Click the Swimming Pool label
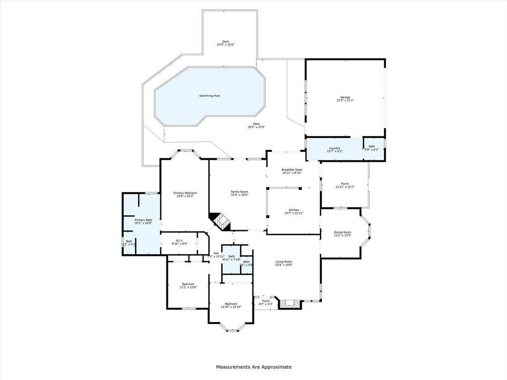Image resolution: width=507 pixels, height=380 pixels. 209,95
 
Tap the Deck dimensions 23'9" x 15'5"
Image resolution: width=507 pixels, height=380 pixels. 225,45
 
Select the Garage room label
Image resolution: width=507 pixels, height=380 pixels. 345,97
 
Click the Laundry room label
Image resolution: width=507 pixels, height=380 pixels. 335,148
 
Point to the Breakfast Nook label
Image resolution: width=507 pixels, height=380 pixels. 292,170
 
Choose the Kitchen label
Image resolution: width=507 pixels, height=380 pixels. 294,210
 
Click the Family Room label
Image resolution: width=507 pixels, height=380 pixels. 239,191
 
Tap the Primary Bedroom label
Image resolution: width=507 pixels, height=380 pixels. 185,192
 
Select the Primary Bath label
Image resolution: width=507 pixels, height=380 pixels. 143,220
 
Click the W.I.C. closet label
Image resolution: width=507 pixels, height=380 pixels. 179,240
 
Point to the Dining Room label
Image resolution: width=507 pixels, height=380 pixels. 342,232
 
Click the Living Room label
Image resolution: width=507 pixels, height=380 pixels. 284,262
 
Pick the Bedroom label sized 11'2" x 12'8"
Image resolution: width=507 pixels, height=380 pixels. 188,284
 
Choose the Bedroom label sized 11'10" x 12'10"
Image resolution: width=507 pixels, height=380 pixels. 231,304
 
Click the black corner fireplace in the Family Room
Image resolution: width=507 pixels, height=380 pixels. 219,221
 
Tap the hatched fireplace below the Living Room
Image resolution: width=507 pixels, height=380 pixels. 290,303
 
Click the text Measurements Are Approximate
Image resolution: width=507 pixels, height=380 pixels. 253,367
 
